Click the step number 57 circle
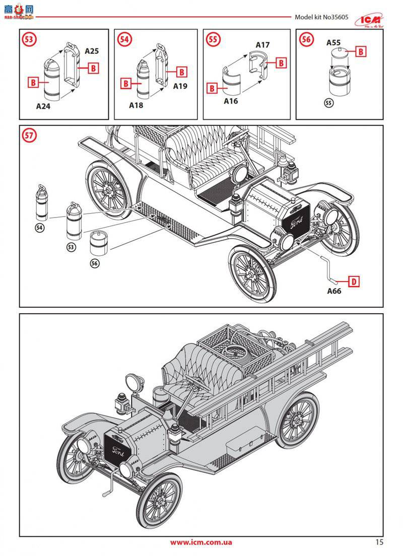pos(29,135)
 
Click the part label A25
pos(92,51)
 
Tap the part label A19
pos(180,86)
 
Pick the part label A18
pos(136,105)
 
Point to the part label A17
pos(262,45)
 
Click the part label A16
pos(231,101)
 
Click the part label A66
pos(334,291)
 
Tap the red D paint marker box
pos(354,281)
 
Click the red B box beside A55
pos(361,51)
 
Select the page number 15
pos(379,542)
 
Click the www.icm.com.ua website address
pos(201,542)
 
